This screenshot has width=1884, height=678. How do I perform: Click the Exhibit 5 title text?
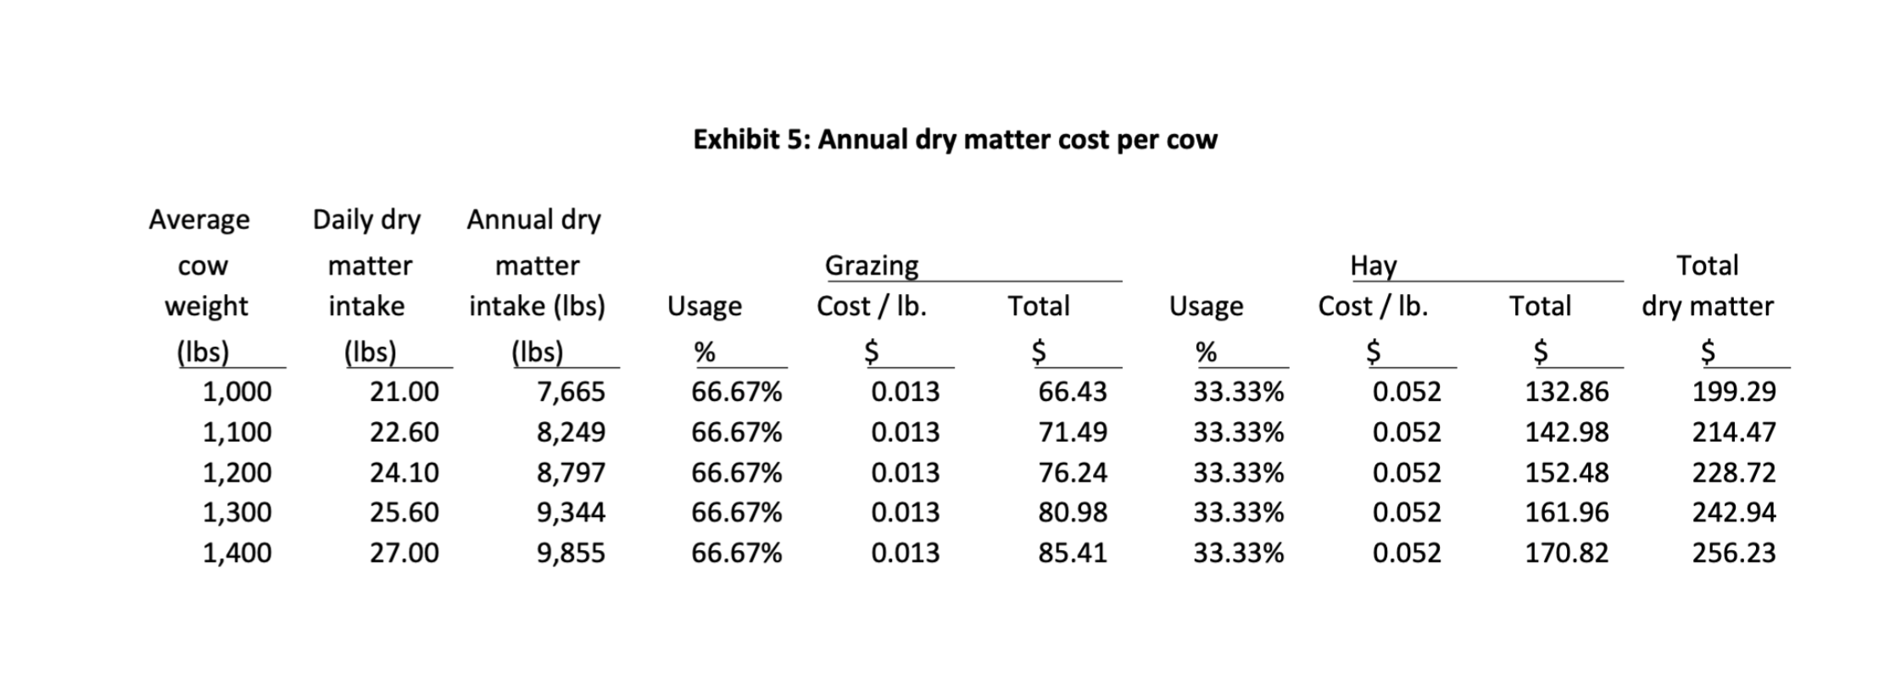click(x=955, y=139)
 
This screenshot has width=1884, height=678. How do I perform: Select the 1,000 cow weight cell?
click(x=237, y=392)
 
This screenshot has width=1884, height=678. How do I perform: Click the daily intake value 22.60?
click(x=404, y=432)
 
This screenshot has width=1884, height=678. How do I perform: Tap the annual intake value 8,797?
click(x=571, y=472)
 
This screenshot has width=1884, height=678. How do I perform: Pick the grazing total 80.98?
click(x=1073, y=512)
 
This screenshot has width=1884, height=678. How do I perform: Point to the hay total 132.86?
click(x=1566, y=392)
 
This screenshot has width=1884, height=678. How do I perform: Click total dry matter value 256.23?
click(x=1733, y=553)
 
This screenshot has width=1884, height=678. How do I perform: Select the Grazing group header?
click(x=872, y=265)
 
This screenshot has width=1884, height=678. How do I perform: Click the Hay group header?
click(x=1373, y=265)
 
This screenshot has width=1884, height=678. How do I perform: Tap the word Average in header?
click(x=199, y=220)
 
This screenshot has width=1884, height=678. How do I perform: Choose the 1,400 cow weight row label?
click(x=237, y=553)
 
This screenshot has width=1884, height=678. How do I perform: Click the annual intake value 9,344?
click(x=571, y=512)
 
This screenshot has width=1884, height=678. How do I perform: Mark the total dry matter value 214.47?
click(x=1733, y=432)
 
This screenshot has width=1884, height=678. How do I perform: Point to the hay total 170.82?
click(x=1566, y=553)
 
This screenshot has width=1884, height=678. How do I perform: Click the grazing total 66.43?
click(x=1073, y=392)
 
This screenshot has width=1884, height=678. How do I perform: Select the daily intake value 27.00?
click(x=404, y=553)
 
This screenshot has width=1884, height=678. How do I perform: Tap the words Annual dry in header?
click(x=533, y=220)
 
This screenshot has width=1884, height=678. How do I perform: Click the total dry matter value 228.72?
click(x=1733, y=472)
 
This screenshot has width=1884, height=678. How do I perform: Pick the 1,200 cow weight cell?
click(x=237, y=472)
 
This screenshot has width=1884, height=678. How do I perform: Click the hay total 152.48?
click(x=1566, y=472)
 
